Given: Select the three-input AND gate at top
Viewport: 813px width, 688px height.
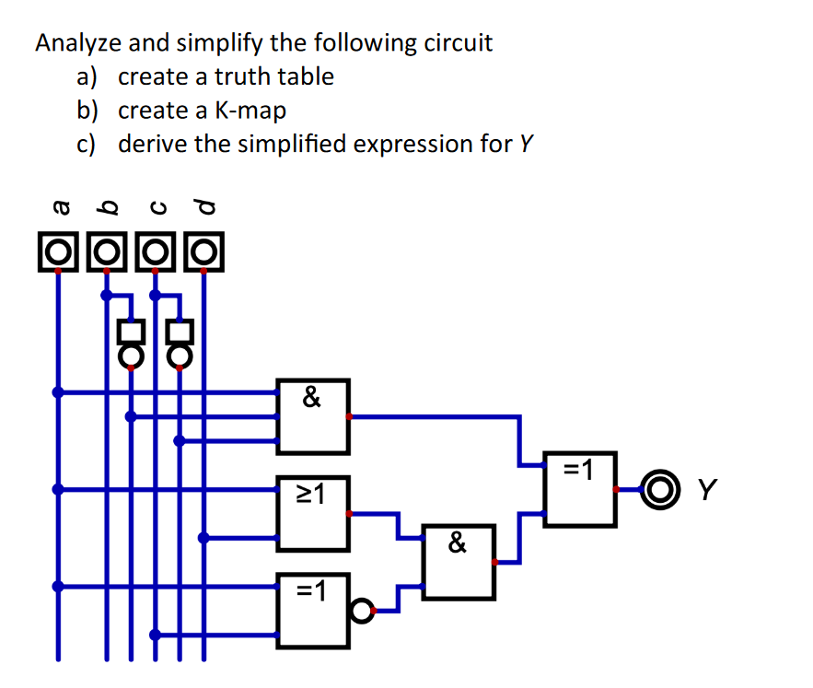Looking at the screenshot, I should point(314,416).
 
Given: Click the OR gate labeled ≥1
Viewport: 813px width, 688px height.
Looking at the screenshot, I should point(314,513).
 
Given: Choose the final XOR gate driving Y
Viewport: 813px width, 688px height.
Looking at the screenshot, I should point(579,489).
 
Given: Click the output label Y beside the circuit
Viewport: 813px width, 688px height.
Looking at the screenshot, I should point(707,488).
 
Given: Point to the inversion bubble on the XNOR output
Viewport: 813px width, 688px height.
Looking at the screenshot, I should point(363,610).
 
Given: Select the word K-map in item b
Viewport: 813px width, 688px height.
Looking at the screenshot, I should point(250,111).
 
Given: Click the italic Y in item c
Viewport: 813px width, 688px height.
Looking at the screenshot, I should point(527,145).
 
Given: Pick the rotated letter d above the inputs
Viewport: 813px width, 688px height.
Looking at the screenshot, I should point(203,207).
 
